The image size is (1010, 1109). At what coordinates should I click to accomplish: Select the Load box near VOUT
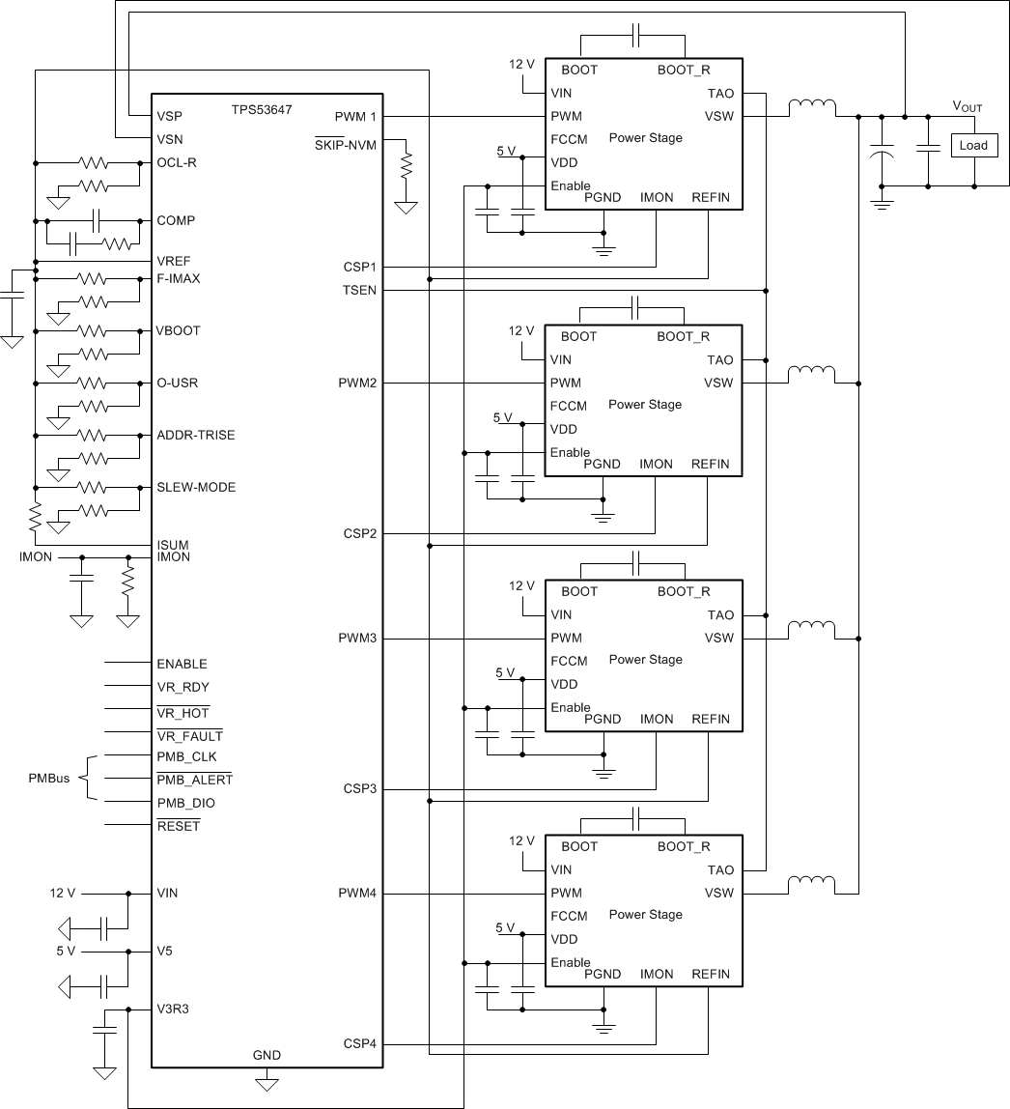[x=973, y=146]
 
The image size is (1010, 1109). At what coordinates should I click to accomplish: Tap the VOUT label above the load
[x=967, y=107]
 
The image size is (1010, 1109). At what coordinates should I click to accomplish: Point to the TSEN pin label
[x=359, y=290]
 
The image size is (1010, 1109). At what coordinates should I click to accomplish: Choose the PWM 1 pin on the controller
[x=355, y=116]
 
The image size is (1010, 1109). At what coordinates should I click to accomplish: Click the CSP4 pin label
[x=359, y=1044]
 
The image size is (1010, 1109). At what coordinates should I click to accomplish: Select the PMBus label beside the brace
[x=48, y=779]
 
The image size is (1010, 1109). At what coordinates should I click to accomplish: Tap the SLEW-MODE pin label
[x=196, y=488]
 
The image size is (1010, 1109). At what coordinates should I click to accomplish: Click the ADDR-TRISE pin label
[x=195, y=436]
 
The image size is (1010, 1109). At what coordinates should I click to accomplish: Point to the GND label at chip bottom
[x=267, y=1055]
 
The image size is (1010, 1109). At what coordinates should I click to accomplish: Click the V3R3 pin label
[x=175, y=1009]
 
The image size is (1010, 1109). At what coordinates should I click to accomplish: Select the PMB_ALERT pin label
[x=194, y=780]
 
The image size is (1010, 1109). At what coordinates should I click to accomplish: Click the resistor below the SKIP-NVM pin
[x=407, y=165]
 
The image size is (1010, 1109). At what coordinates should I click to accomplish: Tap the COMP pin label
[x=176, y=221]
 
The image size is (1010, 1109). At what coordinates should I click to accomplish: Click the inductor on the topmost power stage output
[x=812, y=108]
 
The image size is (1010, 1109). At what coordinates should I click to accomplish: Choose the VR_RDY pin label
[x=182, y=688]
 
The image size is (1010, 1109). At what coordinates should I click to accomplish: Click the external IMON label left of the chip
[x=36, y=557]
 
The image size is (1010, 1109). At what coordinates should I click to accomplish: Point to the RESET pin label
[x=178, y=826]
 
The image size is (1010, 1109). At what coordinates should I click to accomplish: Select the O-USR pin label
[x=178, y=384]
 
